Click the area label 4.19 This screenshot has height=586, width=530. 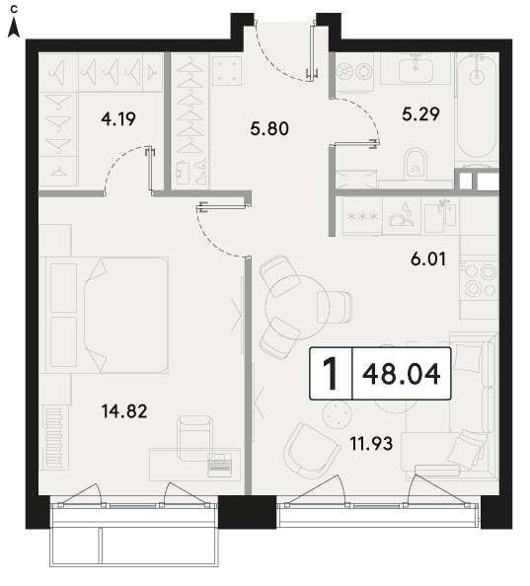[118, 118]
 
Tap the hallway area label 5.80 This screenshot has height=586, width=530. [269, 129]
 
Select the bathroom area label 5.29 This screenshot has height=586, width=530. [420, 114]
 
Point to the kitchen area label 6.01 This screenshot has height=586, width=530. [428, 259]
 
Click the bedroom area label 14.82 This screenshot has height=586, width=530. [124, 411]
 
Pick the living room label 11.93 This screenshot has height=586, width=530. [371, 444]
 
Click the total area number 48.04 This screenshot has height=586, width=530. [402, 375]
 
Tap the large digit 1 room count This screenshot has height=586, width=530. [331, 374]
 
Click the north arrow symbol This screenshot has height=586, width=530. [14, 28]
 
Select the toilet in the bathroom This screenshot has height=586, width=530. [416, 165]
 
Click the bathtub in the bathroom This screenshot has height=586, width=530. [477, 106]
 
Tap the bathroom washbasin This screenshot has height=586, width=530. [416, 69]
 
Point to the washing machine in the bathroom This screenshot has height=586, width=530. [353, 72]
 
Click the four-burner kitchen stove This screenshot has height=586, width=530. [480, 280]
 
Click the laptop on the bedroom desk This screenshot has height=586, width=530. [220, 465]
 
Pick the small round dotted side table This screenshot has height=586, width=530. [338, 414]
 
